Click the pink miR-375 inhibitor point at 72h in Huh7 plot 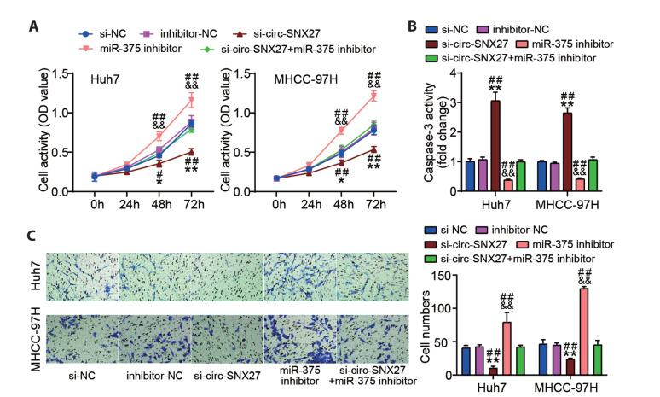pos(191,101)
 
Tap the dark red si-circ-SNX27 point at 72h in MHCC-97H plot pos(372,149)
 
